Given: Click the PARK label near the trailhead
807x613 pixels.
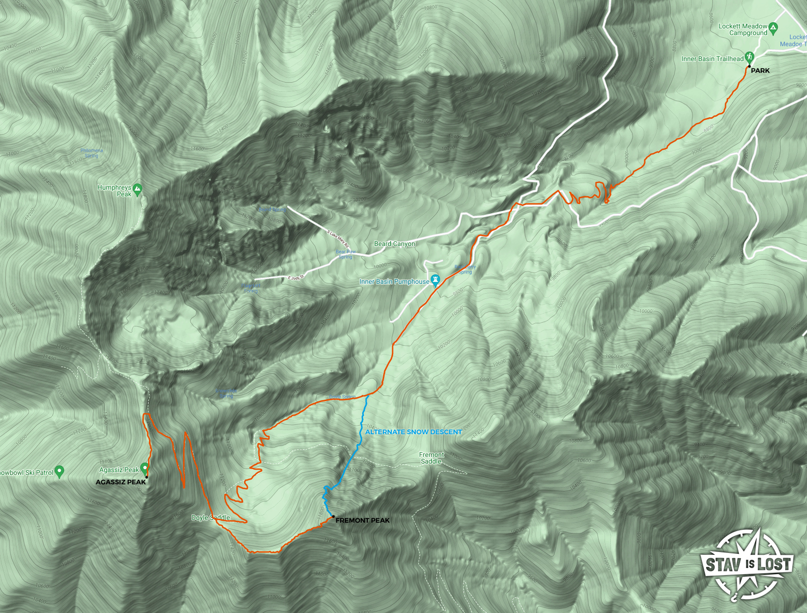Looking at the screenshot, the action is click(760, 70).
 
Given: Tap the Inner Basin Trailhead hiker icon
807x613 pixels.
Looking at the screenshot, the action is click(749, 57).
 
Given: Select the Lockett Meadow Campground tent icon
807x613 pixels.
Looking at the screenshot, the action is click(773, 27).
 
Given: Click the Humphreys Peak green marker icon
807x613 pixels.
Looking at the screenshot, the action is click(137, 189).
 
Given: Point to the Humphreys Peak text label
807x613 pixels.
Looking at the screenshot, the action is click(114, 191).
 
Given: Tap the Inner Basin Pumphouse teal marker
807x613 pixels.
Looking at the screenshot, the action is click(436, 280).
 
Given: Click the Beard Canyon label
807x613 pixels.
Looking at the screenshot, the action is click(395, 244).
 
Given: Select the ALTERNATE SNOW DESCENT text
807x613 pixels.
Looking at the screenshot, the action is click(413, 432).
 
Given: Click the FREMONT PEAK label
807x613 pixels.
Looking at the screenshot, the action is click(362, 520).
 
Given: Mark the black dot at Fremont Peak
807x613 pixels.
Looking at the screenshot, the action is click(333, 517).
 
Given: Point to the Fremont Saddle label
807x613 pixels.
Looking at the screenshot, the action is click(431, 458).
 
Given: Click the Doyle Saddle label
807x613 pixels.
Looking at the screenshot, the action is click(211, 517).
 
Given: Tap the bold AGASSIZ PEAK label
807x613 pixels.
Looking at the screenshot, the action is click(121, 482).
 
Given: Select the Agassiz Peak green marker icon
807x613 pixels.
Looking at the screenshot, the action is click(144, 469).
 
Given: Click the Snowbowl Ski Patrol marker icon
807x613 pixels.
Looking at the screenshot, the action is click(59, 471).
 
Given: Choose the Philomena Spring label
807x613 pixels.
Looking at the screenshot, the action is click(91, 153).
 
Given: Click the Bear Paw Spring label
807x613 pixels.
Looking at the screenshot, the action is click(345, 254).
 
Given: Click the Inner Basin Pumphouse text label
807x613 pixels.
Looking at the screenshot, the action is click(394, 281).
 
